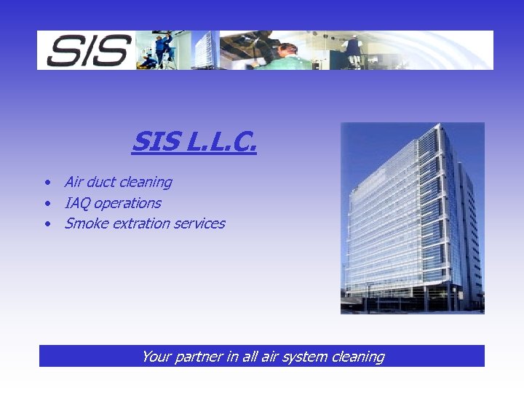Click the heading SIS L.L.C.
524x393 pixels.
click(x=194, y=142)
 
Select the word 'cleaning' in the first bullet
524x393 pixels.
click(x=145, y=182)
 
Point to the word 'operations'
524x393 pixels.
click(x=127, y=203)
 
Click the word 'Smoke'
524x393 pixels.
click(x=84, y=223)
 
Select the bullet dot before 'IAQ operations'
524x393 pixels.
click(x=46, y=204)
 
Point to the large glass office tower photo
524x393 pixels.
click(x=412, y=218)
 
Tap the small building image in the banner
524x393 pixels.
click(x=205, y=50)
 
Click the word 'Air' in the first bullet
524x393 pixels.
click(x=74, y=182)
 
